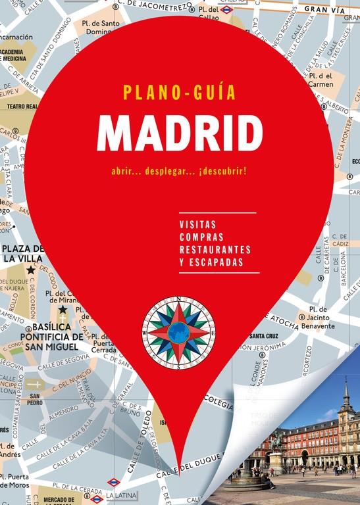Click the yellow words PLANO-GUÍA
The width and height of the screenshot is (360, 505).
click(179, 92)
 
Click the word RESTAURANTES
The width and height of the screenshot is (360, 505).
click(215, 249)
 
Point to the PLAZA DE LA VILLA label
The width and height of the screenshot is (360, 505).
click(22, 254)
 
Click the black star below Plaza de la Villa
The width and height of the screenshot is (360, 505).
click(30, 270)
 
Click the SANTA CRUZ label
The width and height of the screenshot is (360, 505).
click(262, 336)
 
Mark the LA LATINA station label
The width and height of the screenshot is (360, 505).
click(118, 494)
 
